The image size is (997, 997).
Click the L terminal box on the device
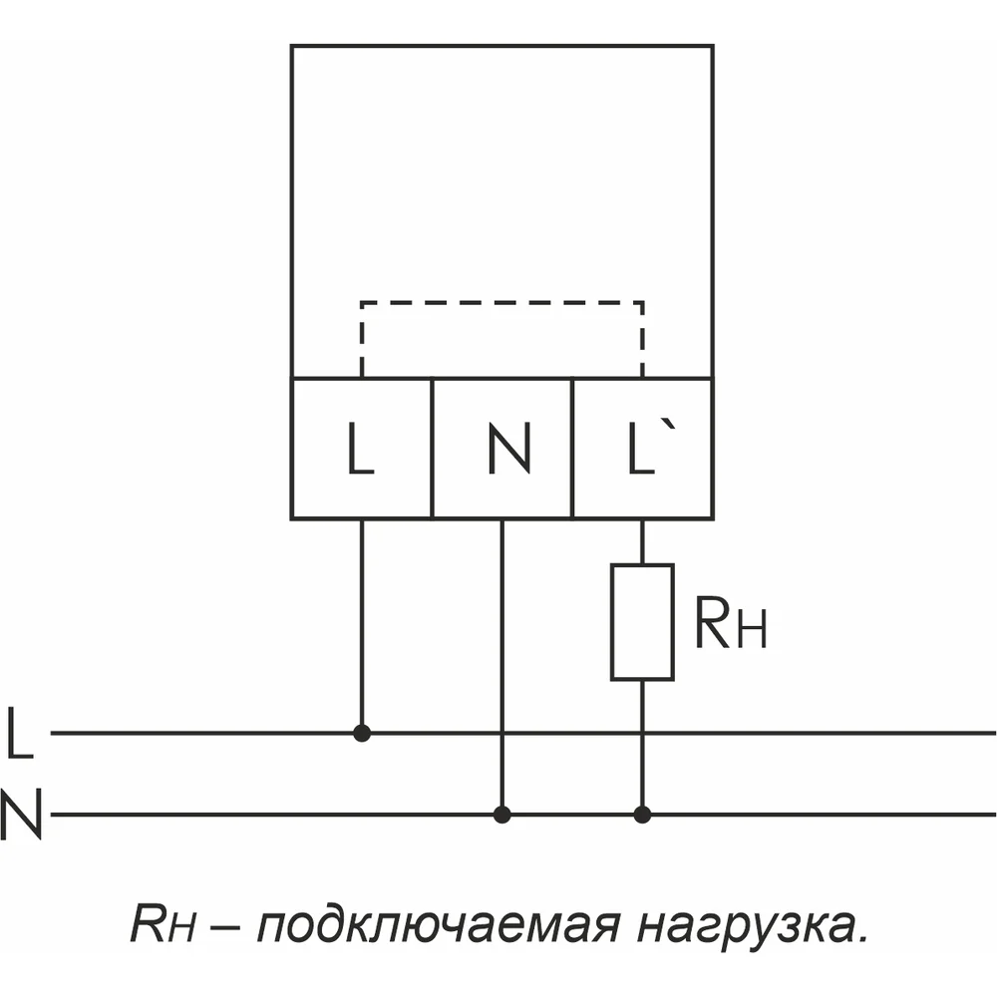[x=361, y=449]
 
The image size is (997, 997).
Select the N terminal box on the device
[x=502, y=449]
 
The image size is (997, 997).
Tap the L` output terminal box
[x=643, y=449]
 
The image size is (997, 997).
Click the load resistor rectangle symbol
[x=642, y=622]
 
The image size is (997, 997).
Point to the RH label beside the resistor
[x=730, y=625]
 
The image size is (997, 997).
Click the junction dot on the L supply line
[x=362, y=733]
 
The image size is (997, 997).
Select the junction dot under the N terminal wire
[x=502, y=815]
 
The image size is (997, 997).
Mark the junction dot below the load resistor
[x=642, y=815]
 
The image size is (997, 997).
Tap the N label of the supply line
[x=22, y=815]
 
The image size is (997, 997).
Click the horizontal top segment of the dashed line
[x=502, y=302]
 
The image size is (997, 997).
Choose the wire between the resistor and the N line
[x=642, y=748]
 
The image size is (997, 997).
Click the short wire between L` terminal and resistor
[x=642, y=541]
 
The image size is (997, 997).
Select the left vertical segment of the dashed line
[x=362, y=339]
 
